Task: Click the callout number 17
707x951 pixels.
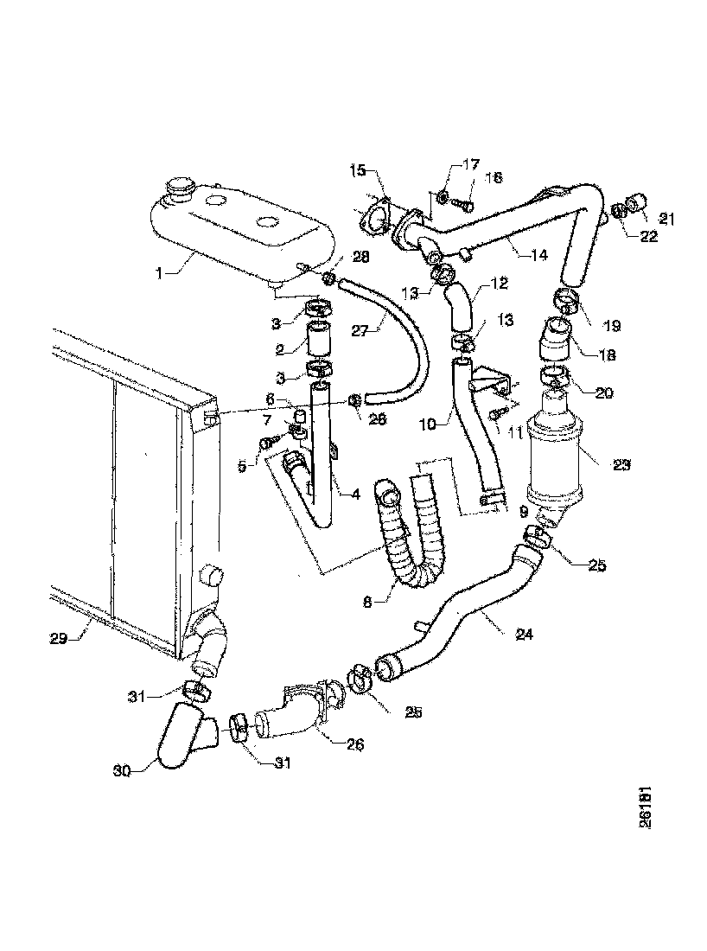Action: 470,164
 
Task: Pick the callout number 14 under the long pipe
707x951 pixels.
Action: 538,255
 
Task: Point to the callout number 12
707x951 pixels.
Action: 500,283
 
